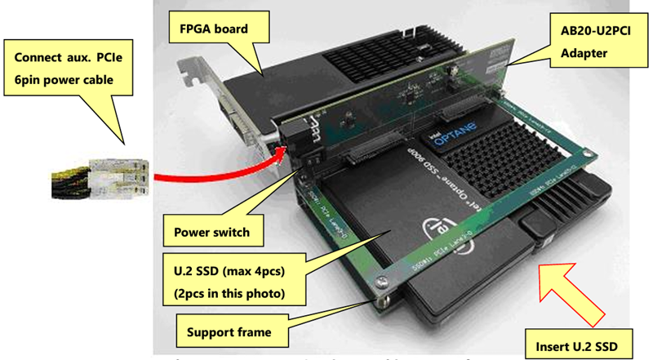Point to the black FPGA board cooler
click(x=326, y=65)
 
